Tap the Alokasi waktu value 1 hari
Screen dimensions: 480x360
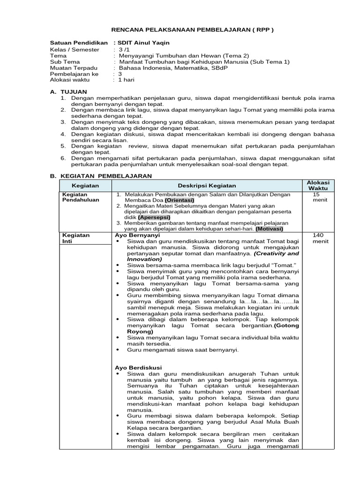126,80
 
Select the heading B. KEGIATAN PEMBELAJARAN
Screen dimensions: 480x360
101,176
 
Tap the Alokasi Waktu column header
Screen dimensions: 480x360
318,185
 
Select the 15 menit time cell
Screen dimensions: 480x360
318,197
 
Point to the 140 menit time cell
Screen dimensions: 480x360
318,238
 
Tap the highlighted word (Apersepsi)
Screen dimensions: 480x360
154,217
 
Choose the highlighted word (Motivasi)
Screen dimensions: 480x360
272,229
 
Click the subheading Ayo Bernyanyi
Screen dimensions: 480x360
137,235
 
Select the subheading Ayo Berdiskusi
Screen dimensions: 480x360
138,367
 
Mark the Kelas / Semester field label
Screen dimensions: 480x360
75,49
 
